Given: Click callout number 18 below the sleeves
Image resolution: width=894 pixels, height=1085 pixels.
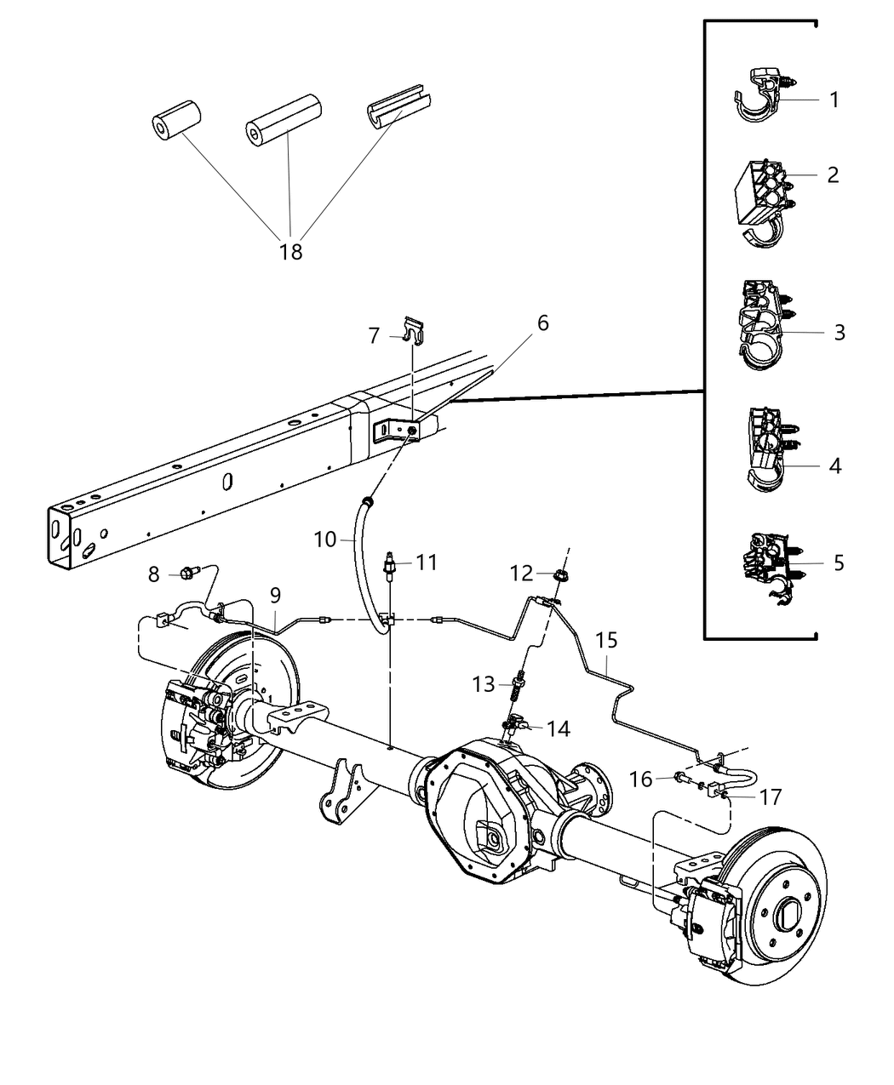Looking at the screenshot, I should point(291,252).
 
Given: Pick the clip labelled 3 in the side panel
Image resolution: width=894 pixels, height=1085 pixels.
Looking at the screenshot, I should point(764,325).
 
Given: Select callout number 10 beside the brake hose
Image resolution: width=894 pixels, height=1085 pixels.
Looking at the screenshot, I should point(325,540).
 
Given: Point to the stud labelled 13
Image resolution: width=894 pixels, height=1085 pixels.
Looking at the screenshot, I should point(517,686).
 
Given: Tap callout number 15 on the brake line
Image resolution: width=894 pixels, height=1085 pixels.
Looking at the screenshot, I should point(606,640).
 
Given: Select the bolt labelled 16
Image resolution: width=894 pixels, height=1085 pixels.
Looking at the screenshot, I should point(682,776).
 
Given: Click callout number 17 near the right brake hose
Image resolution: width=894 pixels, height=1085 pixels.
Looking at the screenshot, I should point(770,797).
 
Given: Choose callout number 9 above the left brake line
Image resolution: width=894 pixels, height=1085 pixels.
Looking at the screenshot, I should point(275,596).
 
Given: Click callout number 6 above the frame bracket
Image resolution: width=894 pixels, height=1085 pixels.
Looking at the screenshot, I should point(542,323).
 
